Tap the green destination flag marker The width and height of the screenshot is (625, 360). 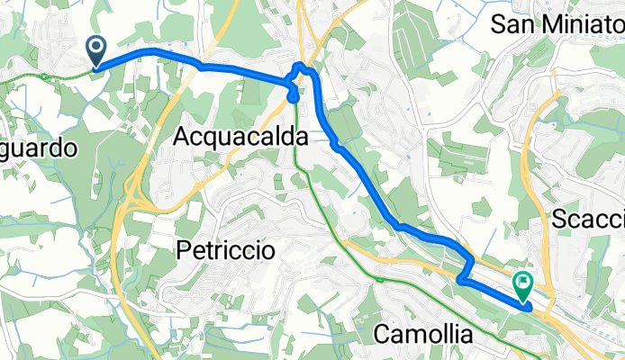(x=522, y=286)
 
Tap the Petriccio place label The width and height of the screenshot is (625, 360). (x=226, y=250)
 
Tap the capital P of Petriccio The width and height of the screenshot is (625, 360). (x=185, y=250)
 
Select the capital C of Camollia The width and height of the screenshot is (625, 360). (x=383, y=335)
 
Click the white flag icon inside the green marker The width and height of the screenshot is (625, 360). (x=523, y=283)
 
